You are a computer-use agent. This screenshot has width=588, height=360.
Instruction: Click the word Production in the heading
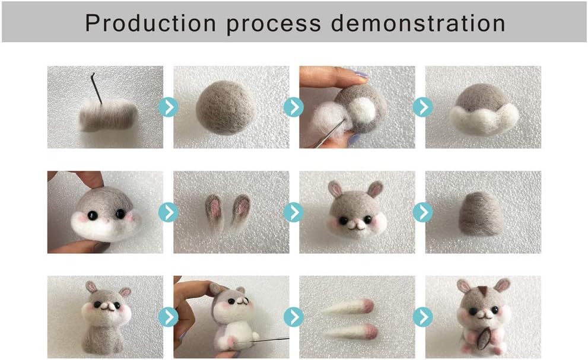(150, 23)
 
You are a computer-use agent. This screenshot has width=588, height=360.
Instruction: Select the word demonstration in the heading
(418, 23)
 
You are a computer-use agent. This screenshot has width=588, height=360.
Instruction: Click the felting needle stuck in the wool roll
(96, 88)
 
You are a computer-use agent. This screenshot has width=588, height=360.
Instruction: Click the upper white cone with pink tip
(347, 307)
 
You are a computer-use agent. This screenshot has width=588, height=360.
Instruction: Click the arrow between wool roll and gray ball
(169, 107)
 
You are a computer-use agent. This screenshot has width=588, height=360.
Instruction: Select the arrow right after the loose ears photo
(294, 212)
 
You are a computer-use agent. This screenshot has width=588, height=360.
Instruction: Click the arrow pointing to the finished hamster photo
(423, 317)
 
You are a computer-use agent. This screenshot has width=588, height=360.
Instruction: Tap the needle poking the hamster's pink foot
(262, 340)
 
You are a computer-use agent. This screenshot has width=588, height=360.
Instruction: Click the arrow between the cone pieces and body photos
(294, 317)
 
